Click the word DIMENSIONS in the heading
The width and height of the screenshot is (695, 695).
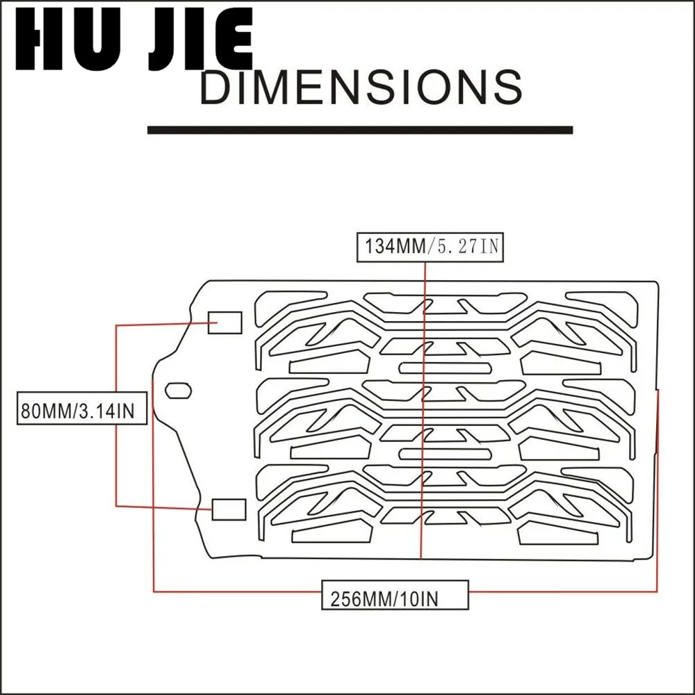[361, 88]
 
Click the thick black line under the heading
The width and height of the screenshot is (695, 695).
[360, 130]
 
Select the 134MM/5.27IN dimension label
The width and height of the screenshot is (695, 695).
[429, 247]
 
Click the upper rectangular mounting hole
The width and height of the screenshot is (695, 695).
[226, 322]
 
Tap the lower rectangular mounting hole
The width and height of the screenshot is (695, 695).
[229, 509]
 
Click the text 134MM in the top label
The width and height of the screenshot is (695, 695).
[393, 247]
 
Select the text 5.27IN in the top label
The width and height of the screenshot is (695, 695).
[466, 247]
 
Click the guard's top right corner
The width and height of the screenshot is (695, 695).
[655, 283]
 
